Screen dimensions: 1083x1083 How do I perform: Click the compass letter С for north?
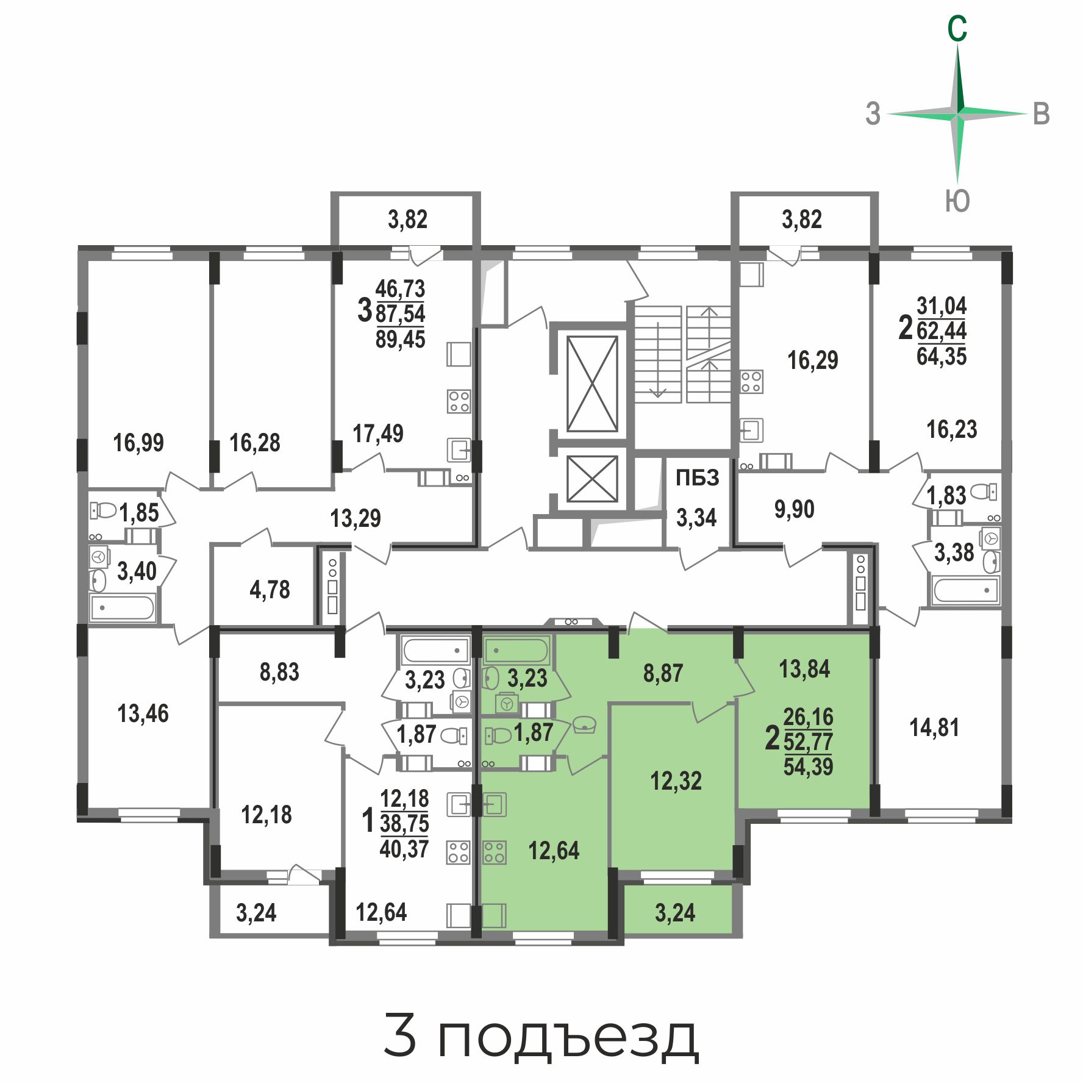click(957, 29)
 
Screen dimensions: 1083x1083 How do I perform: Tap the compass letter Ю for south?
click(957, 201)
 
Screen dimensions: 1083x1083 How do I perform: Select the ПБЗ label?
click(697, 477)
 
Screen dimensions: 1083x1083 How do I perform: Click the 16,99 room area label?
click(138, 443)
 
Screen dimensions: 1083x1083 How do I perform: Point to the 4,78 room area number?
click(270, 590)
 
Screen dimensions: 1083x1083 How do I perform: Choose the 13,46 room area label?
click(143, 713)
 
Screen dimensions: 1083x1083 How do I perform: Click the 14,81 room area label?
click(934, 727)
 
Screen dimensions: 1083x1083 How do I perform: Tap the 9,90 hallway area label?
click(794, 509)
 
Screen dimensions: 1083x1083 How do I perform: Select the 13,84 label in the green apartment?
click(804, 669)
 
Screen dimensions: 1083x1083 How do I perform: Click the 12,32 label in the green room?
click(676, 781)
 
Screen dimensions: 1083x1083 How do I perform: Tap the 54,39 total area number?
click(808, 767)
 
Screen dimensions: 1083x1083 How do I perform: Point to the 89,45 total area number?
click(400, 339)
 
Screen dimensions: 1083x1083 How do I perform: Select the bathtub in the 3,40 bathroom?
click(123, 607)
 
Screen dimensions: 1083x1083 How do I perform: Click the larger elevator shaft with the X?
click(592, 384)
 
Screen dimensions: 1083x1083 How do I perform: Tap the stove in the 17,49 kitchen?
click(459, 401)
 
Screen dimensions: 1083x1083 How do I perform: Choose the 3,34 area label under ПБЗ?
click(696, 518)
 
